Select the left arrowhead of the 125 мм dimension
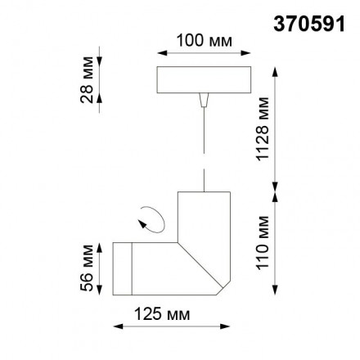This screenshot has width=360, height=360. click(114, 328)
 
